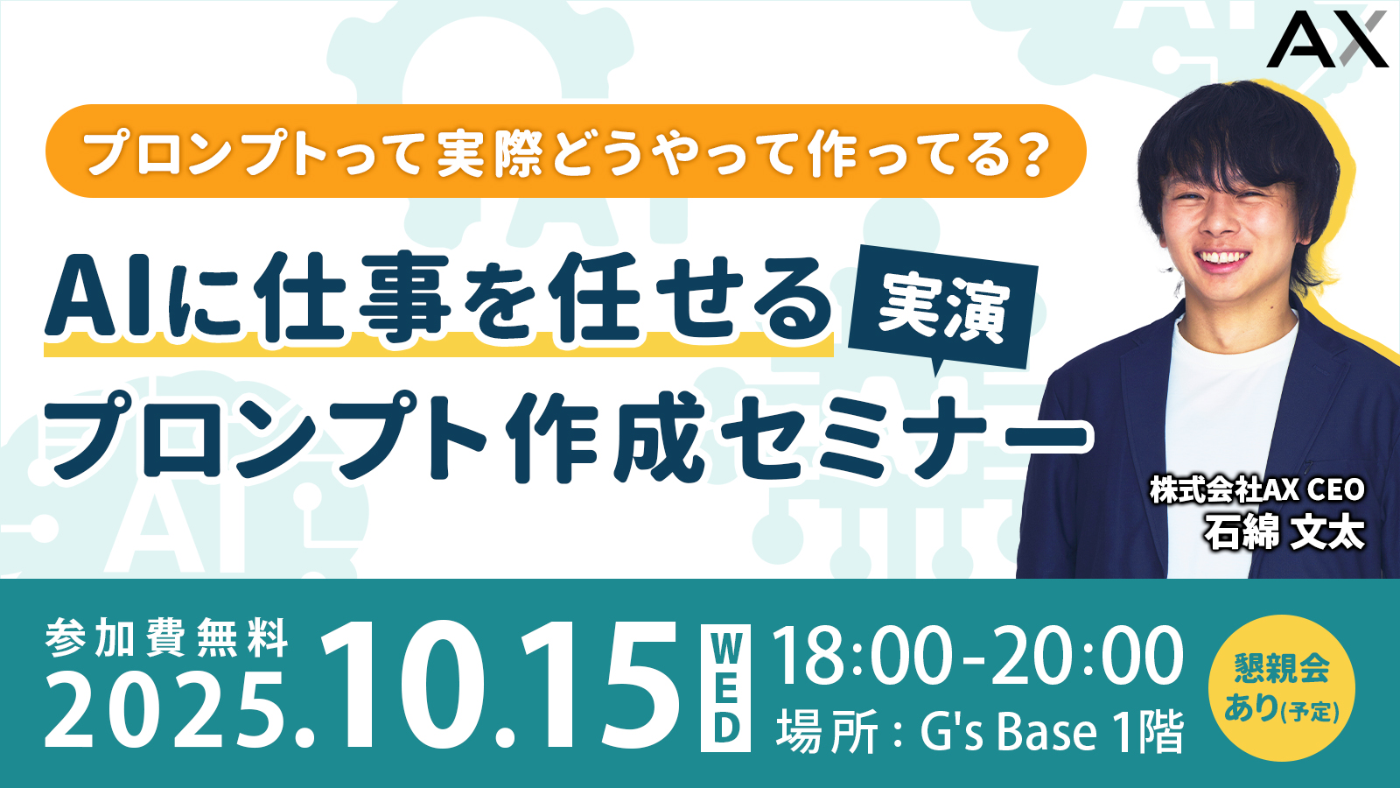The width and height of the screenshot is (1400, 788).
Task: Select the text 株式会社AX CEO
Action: click(x=1257, y=491)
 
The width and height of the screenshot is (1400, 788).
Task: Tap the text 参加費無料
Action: click(x=166, y=638)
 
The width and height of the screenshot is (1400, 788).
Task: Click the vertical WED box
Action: click(x=725, y=687)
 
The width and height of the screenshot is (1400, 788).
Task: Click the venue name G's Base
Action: click(x=1007, y=732)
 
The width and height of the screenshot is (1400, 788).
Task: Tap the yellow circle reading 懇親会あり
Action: click(x=1282, y=689)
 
